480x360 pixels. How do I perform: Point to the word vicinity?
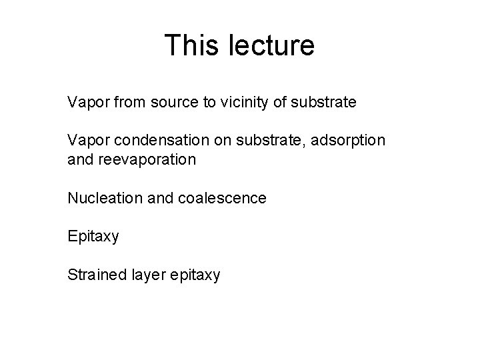coord(241,103)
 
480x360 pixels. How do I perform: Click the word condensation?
coord(156,142)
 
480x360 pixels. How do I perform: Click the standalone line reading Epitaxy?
coord(93,237)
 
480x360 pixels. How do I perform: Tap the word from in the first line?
coord(127,103)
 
